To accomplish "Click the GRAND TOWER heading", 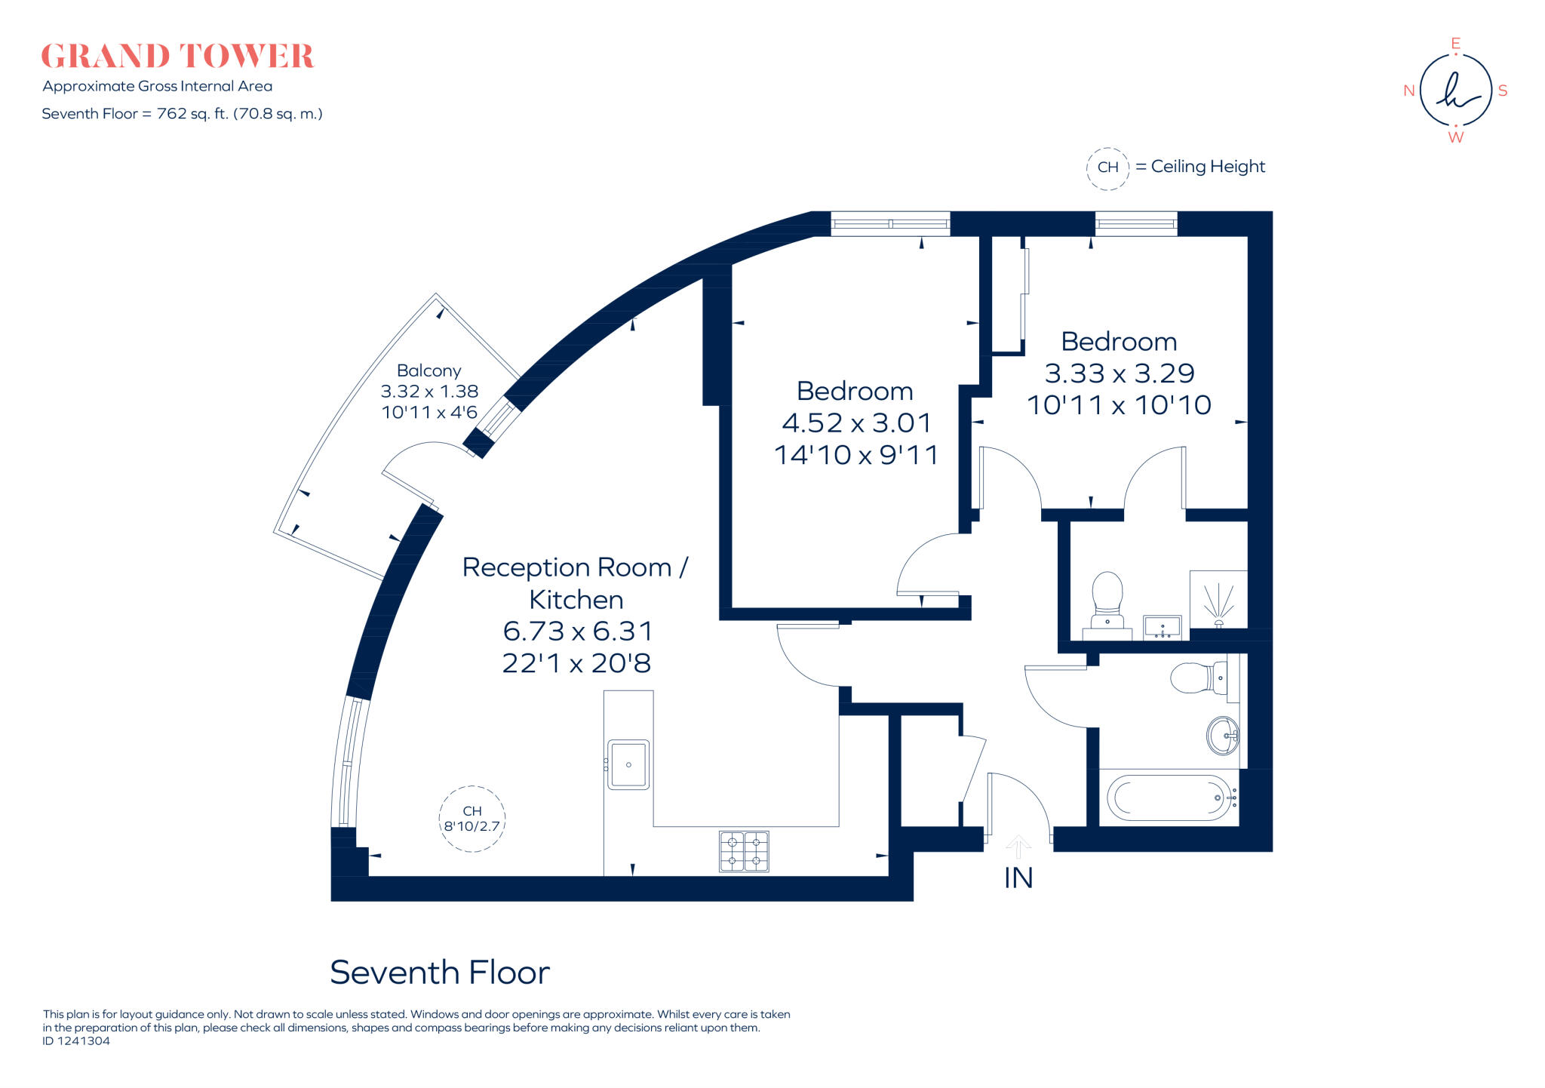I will (177, 57).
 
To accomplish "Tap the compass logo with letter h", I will (1455, 91).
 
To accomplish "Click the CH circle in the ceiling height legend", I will (1107, 168).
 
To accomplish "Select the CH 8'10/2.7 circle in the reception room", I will (471, 819).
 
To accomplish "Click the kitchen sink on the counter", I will (628, 764).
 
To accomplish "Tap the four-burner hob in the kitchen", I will (744, 851).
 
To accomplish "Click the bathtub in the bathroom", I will (1169, 798).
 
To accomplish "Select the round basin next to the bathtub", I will (1222, 735).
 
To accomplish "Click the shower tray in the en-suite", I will (1218, 600).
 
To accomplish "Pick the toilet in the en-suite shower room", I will (1107, 600).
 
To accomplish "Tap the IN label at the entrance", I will (1018, 878).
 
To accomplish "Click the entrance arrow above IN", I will (1018, 846).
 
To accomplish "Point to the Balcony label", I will (428, 370).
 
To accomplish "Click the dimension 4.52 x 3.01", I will (856, 423).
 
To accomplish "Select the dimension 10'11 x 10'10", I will (1119, 405).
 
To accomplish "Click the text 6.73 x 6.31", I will (577, 631).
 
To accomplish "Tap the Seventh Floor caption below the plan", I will (440, 973).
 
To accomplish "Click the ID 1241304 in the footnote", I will (76, 1041).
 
